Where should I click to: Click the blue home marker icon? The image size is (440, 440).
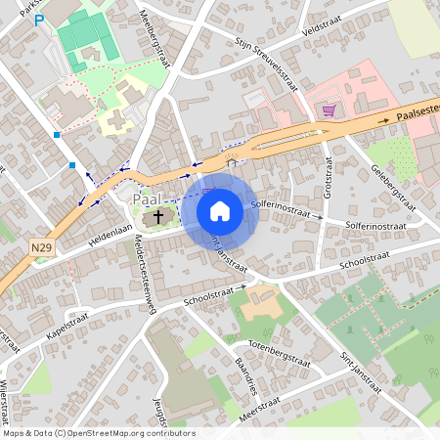[220, 210]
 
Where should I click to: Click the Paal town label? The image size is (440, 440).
[146, 199]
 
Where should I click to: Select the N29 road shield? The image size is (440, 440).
[41, 248]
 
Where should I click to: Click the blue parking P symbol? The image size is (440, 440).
[39, 20]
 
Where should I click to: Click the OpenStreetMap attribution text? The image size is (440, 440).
[98, 432]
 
